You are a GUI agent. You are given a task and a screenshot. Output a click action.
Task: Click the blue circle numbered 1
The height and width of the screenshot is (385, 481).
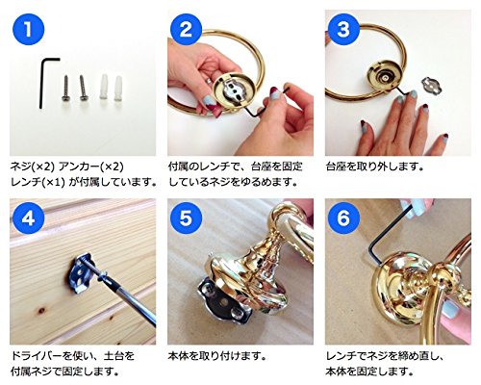(x=28, y=30)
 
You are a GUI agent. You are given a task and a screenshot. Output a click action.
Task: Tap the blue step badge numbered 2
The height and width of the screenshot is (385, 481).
(x=186, y=30)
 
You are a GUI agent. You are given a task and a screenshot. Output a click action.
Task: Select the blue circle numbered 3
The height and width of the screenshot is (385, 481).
(x=343, y=30)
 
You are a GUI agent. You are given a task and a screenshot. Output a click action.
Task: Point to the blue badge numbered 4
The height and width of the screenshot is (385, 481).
(x=28, y=218)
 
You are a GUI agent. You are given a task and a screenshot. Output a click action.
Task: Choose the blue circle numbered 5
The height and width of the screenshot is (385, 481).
(x=186, y=218)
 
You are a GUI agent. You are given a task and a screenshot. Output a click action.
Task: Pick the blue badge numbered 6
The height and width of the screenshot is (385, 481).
(x=343, y=218)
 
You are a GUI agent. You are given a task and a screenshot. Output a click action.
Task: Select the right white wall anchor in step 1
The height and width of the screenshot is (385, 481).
(x=118, y=88)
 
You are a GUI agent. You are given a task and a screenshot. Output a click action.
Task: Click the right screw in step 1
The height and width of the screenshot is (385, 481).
(x=83, y=88)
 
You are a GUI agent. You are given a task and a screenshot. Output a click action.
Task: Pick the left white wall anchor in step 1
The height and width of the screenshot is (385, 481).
(x=103, y=86)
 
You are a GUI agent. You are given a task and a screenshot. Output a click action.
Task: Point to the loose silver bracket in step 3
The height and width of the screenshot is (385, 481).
(x=431, y=86)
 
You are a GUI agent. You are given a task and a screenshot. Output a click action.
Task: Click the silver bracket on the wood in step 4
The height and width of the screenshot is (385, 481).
(x=80, y=273)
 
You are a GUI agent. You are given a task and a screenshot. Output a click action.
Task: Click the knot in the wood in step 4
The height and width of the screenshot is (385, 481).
(x=40, y=310)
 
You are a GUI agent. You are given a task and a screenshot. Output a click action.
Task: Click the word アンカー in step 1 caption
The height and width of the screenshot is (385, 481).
(x=78, y=167)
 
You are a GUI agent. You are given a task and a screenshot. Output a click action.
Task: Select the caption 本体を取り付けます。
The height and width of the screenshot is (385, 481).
(x=217, y=356)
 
